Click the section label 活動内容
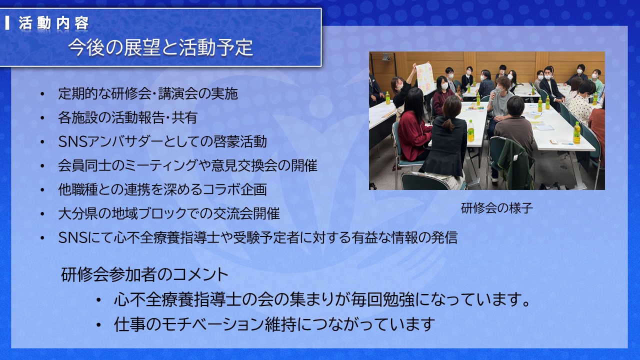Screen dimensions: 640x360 tap(53, 23)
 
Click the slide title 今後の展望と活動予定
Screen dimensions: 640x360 tap(160, 47)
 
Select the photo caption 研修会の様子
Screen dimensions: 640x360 tap(497, 208)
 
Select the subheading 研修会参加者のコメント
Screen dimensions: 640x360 tap(144, 274)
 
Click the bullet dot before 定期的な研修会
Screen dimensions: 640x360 tap(42, 94)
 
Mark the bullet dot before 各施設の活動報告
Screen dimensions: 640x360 tap(42, 118)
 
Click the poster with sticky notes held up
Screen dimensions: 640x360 tap(425, 78)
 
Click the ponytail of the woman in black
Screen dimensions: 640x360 tap(448, 125)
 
